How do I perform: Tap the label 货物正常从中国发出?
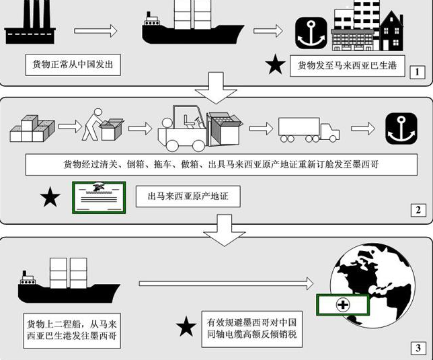coord(73,65)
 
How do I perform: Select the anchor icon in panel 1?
coord(311,33)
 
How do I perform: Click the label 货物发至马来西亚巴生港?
coord(347,66)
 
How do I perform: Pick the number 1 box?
coord(417,72)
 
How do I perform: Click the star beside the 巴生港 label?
coord(275,65)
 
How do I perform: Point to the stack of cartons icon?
coord(32,129)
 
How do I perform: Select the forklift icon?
coord(200,129)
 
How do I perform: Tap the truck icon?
coord(309,130)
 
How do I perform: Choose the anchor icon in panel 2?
coord(401,129)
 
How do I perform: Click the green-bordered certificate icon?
coord(99,198)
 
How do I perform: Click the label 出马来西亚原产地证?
coord(188,196)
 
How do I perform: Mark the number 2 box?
coord(418,210)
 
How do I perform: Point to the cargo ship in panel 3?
coord(69,281)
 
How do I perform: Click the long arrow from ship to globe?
coord(226,284)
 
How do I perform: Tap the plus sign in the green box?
coord(343,305)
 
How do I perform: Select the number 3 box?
coord(418,348)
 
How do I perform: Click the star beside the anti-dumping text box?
coord(186,326)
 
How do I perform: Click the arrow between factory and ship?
coord(96,31)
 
